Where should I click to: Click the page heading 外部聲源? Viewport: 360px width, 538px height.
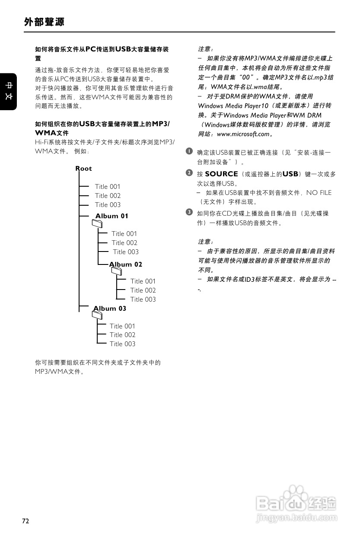point(45,22)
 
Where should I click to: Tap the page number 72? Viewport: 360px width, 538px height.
point(26,521)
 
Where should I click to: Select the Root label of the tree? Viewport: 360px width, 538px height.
point(83,169)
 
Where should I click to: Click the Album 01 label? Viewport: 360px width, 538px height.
point(112,216)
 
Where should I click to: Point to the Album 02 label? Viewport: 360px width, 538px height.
point(126,264)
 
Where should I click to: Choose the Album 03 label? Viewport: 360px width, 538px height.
point(110,309)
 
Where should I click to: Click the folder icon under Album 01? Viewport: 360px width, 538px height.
point(98,223)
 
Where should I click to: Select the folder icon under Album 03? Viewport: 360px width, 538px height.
point(98,315)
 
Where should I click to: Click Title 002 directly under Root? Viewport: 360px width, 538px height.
point(108,196)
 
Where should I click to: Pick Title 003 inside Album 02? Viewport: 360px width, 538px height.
point(143,299)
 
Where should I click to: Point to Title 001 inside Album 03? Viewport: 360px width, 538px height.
point(122,326)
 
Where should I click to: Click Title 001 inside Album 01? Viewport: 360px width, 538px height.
point(124,234)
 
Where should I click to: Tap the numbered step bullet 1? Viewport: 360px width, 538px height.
point(189,151)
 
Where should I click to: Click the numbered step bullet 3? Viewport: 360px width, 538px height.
point(189,212)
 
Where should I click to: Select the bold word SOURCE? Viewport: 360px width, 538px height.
point(221,174)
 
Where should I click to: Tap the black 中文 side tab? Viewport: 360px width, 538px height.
point(8,92)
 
